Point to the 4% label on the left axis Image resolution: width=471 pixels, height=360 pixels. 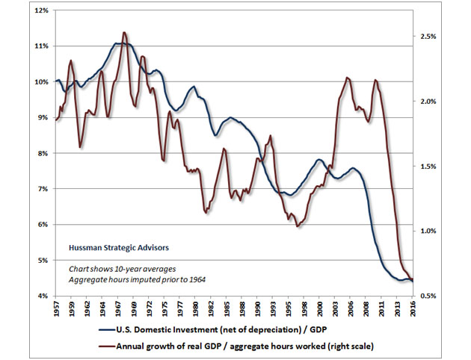coord(42,296)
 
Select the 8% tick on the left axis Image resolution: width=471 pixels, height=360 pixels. coord(42,153)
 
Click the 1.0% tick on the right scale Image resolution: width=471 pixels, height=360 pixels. coord(429,232)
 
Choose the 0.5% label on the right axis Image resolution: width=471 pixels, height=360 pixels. coord(429,297)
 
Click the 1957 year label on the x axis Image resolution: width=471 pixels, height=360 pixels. coord(57,309)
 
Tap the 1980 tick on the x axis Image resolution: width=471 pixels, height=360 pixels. coord(194,309)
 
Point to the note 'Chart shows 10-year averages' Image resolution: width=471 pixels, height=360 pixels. coord(123,267)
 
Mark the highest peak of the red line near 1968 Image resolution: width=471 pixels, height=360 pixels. coord(124,33)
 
